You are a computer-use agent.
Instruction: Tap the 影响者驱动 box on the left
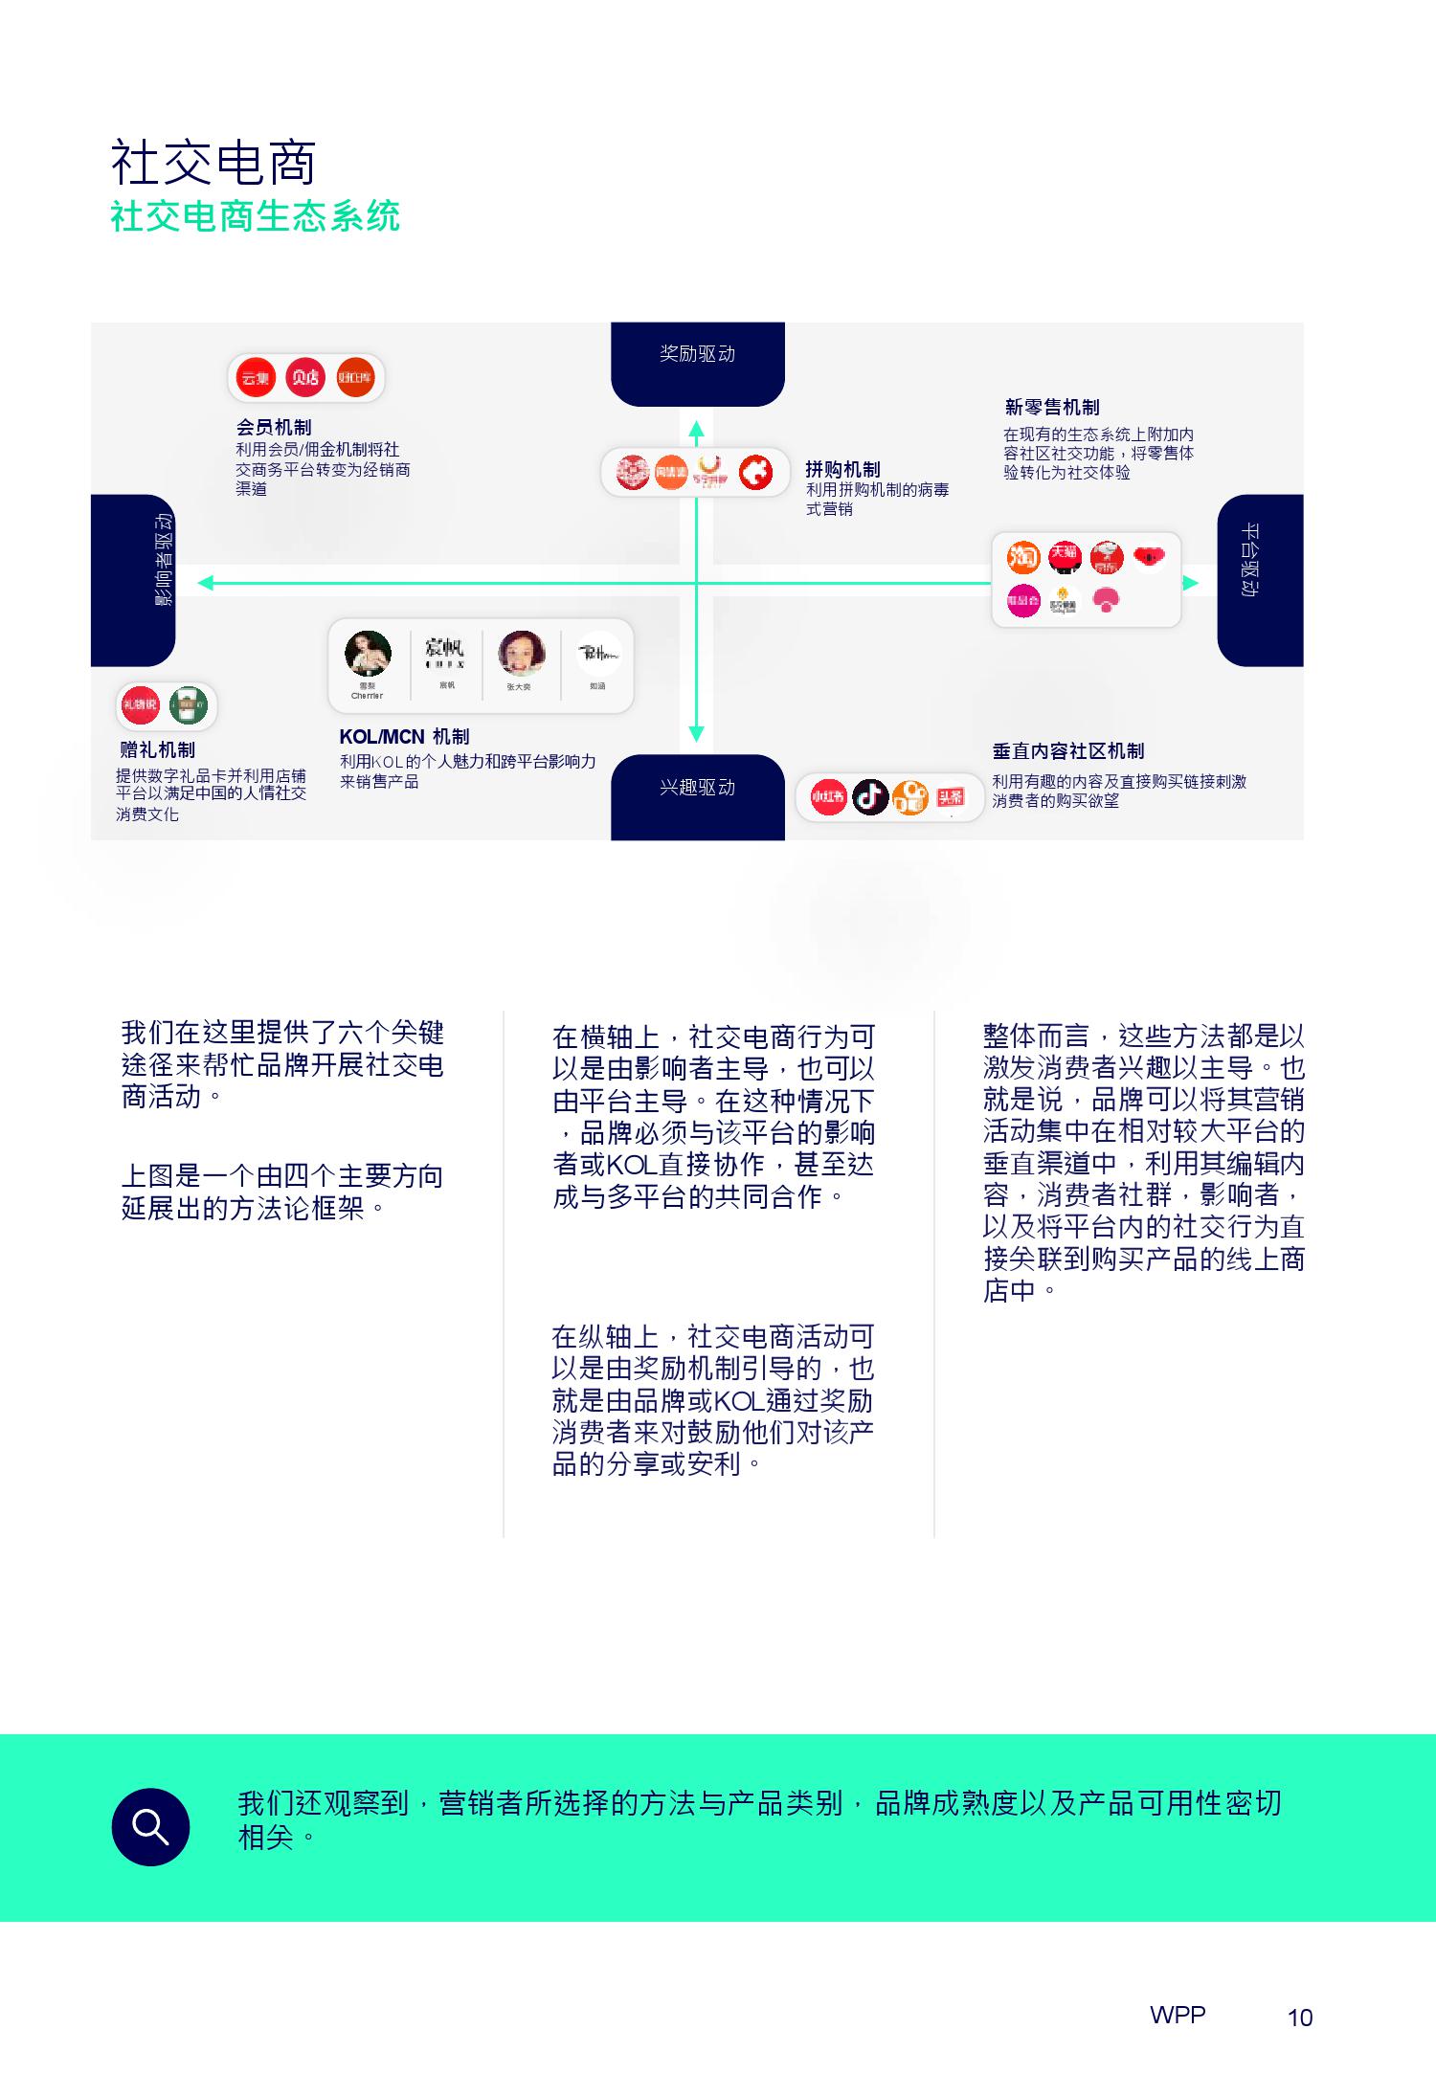(134, 580)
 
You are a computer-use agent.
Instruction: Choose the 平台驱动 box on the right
(1259, 580)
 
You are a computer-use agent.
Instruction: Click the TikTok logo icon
(869, 796)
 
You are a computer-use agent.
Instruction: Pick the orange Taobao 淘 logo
(1023, 555)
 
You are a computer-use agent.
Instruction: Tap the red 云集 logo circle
(256, 378)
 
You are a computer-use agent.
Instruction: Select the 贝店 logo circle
(305, 378)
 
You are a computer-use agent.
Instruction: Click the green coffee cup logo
(189, 706)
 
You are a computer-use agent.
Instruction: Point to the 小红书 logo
(828, 796)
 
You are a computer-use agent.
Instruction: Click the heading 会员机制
(274, 427)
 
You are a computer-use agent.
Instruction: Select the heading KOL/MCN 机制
(404, 736)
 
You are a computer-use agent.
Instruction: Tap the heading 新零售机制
(1051, 407)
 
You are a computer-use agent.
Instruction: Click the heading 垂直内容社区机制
(1067, 751)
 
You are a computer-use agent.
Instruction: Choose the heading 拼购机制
(842, 469)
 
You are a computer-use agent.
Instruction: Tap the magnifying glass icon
(150, 1826)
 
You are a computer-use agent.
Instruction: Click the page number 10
(1300, 2017)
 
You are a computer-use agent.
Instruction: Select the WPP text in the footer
(1178, 2014)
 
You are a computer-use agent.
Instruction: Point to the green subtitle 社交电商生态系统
(255, 216)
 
